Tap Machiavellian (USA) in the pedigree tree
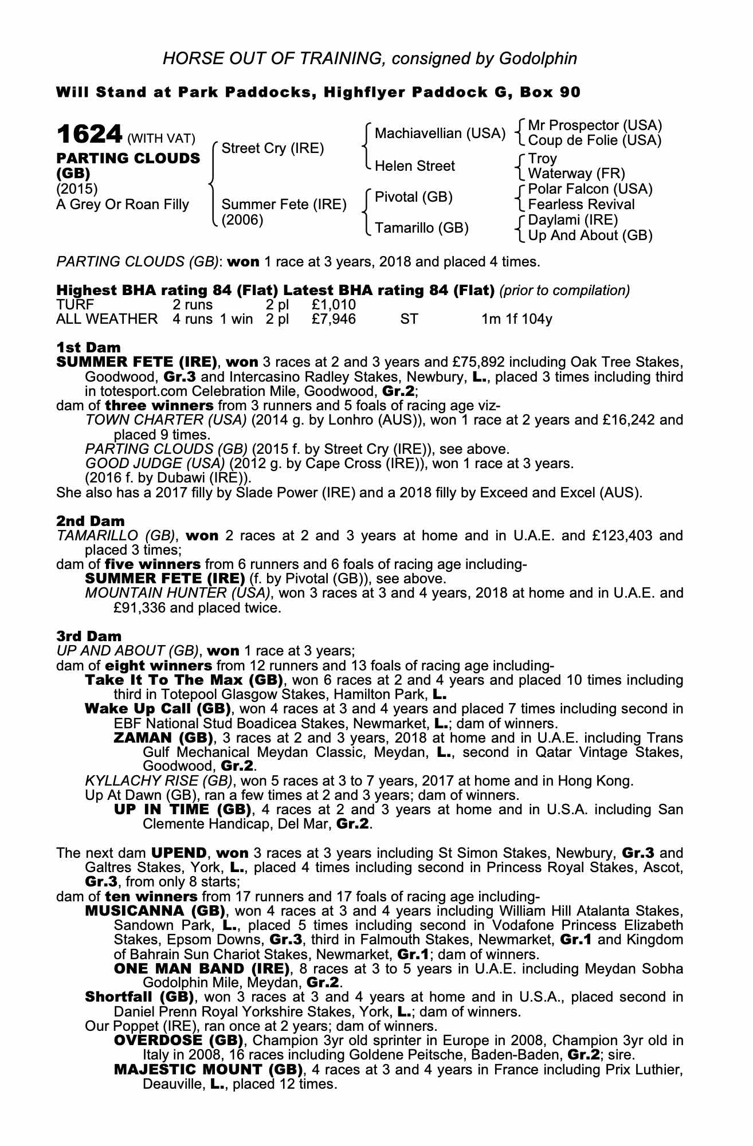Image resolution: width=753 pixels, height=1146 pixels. [440, 134]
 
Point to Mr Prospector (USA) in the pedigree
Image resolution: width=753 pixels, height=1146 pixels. [594, 125]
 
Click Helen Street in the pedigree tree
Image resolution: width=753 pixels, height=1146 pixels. [414, 166]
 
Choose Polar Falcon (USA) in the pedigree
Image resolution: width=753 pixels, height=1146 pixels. [590, 189]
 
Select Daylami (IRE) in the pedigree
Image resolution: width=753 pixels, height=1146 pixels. [572, 220]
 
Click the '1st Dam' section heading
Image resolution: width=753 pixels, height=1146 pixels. [88, 347]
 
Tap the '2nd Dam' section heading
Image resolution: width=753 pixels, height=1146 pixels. [90, 521]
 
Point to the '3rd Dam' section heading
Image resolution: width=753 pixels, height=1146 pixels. [89, 636]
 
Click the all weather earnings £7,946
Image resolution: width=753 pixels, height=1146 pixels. [334, 319]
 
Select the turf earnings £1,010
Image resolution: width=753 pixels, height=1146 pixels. [334, 304]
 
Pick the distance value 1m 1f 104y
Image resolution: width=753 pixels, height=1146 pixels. [516, 319]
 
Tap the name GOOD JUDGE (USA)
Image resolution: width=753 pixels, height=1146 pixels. [154, 463]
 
